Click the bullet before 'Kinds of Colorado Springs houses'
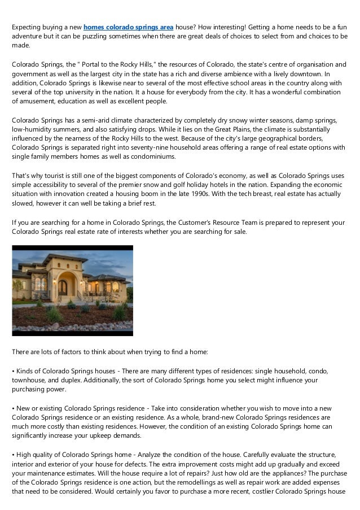(x=14, y=371)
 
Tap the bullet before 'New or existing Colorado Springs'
(x=14, y=408)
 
